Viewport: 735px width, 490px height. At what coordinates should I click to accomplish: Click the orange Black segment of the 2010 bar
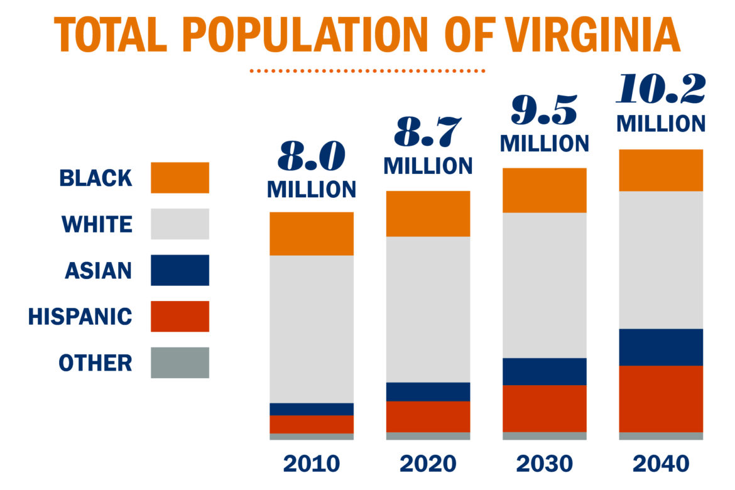pos(312,233)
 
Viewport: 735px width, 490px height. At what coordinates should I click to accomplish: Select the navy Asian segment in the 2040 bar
pos(661,347)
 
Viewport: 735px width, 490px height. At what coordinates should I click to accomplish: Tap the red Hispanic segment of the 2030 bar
pos(545,408)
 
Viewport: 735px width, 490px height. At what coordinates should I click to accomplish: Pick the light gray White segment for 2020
pos(428,309)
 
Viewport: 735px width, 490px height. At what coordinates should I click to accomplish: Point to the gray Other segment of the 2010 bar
pos(312,437)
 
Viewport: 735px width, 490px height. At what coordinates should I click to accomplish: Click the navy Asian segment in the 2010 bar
pos(312,409)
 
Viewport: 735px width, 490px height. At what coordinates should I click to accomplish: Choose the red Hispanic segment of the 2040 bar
pos(661,398)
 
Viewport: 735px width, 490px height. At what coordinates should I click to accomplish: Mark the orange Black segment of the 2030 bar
pos(545,190)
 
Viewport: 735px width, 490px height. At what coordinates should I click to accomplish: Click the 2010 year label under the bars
pos(312,464)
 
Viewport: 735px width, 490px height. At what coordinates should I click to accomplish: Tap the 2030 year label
pos(545,464)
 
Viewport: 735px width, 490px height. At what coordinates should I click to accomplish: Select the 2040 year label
pos(661,464)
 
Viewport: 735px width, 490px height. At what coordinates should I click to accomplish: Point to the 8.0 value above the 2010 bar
pos(312,158)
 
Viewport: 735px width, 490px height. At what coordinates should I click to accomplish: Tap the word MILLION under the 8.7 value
pos(428,166)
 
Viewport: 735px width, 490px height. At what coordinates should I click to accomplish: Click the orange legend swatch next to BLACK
pos(180,178)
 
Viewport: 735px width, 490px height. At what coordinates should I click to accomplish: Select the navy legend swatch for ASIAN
pos(180,270)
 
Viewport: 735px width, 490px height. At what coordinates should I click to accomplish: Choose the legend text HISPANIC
pos(80,317)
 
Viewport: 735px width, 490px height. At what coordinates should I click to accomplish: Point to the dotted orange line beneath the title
pos(367,71)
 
